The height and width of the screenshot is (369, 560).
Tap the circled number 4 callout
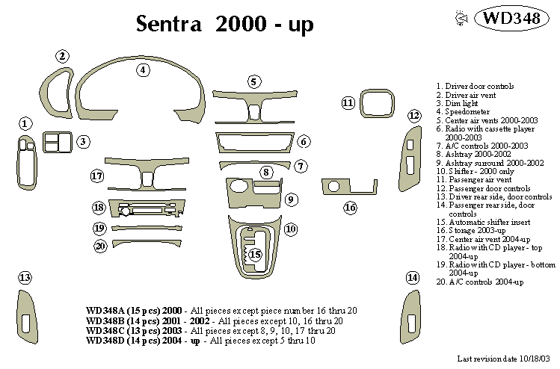coord(143,70)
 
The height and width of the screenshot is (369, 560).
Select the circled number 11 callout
coord(348,102)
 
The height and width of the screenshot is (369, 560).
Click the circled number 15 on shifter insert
coord(256,255)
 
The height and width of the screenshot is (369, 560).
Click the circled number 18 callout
coord(99,208)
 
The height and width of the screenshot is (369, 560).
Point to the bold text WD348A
coord(107,310)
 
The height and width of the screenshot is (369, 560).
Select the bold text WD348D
coord(107,341)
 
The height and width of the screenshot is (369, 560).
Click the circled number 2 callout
coord(63,56)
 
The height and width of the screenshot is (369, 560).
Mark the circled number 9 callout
coord(291,199)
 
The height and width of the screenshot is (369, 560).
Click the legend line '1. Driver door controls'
coord(474,87)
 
